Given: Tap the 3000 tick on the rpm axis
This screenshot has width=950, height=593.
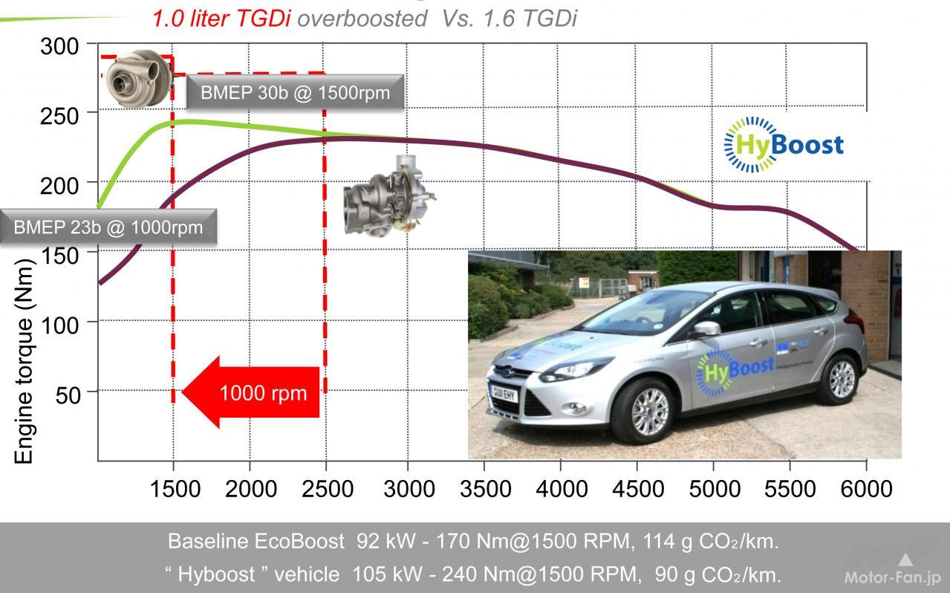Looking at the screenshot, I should [x=408, y=488].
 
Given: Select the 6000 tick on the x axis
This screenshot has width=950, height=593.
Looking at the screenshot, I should [x=866, y=488].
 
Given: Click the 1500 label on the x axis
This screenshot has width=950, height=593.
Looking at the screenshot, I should [x=175, y=488].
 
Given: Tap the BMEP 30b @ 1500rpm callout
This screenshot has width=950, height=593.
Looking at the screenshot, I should [x=294, y=94].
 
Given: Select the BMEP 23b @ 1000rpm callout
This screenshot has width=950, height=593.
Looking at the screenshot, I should [x=108, y=227].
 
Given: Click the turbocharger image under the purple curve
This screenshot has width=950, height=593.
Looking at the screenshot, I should [x=388, y=195].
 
